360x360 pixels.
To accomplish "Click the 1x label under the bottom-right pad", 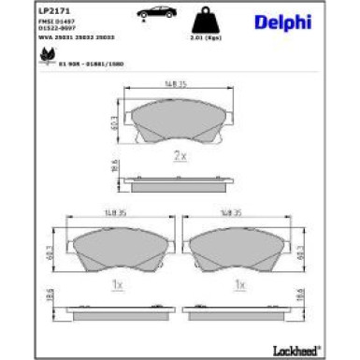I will tap(239, 281).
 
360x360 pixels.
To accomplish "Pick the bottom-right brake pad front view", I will tap(239, 248).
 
